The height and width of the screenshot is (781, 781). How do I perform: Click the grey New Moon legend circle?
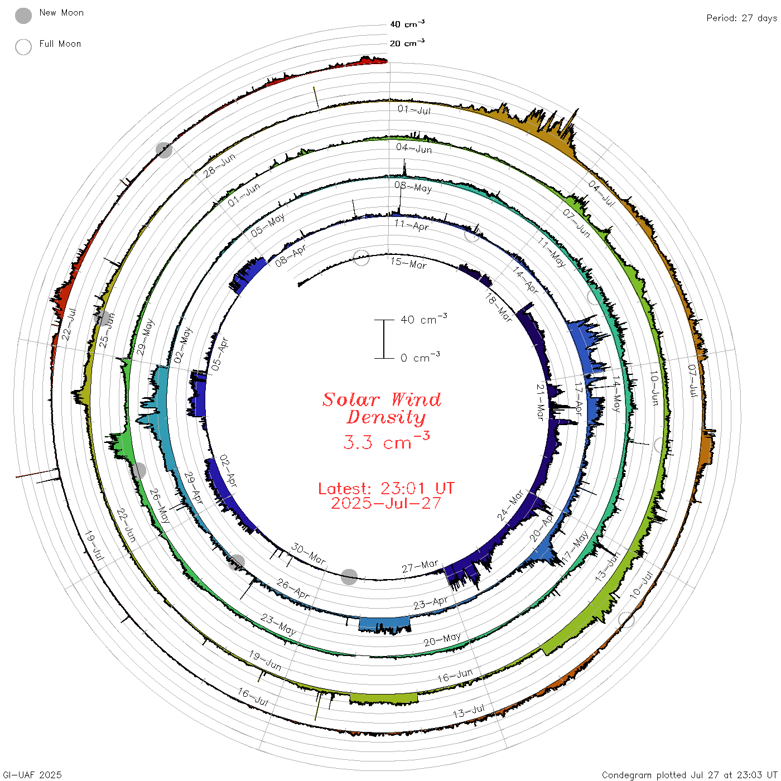tap(23, 16)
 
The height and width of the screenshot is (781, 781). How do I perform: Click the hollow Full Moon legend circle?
tap(23, 47)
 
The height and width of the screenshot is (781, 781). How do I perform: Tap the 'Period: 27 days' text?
tap(741, 18)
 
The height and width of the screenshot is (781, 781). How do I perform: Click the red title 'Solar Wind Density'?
tap(382, 408)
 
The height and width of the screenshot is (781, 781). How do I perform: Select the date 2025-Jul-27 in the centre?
tap(386, 503)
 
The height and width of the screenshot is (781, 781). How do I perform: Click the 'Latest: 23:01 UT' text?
tap(386, 488)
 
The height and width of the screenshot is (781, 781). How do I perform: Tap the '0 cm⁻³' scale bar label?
tap(420, 357)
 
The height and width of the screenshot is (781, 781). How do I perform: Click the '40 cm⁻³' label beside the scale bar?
tap(423, 319)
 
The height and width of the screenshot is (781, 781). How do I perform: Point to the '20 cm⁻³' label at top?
tap(407, 42)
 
